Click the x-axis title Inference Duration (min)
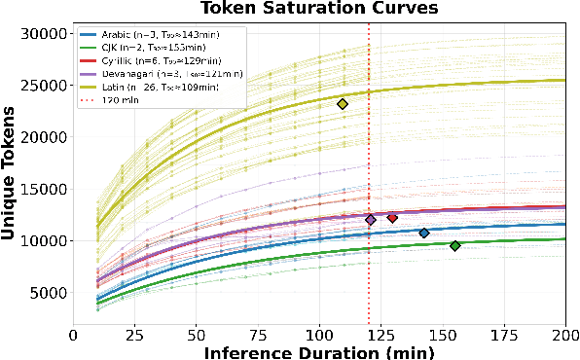318,351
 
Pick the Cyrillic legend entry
154,60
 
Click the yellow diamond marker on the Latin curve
343,104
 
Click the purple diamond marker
371,220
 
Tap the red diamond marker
392,218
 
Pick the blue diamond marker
424,233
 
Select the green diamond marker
454,245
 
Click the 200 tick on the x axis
565,334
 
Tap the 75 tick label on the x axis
258,334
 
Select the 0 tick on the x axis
73,334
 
